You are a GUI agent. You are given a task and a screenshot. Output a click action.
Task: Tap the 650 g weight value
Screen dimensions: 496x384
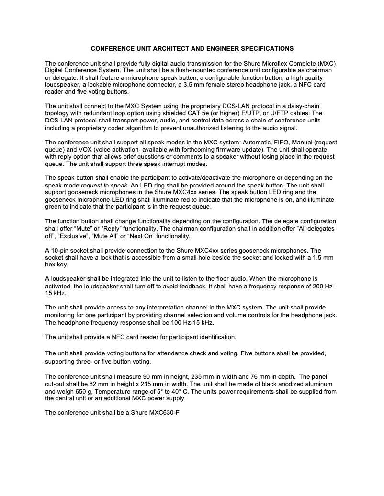pyautogui.click(x=76, y=392)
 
